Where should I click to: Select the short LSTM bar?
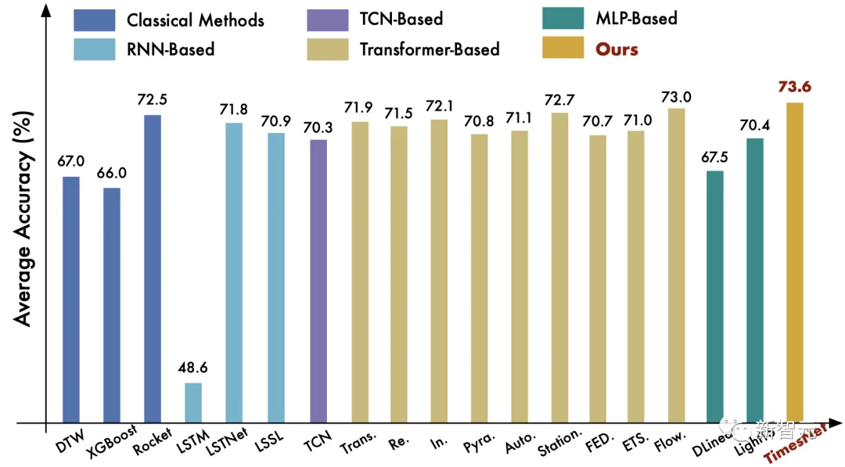click(192, 403)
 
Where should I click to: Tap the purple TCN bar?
click(318, 281)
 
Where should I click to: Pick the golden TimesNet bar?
click(794, 263)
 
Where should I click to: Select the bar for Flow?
click(676, 265)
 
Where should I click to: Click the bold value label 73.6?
click(794, 86)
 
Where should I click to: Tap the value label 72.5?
click(153, 100)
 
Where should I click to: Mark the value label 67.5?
click(715, 156)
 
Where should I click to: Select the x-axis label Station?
click(560, 441)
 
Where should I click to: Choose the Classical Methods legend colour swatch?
click(93, 19)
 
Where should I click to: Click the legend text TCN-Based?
click(401, 19)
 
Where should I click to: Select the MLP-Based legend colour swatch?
click(563, 18)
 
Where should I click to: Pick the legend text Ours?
click(617, 48)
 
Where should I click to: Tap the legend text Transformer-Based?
click(429, 48)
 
